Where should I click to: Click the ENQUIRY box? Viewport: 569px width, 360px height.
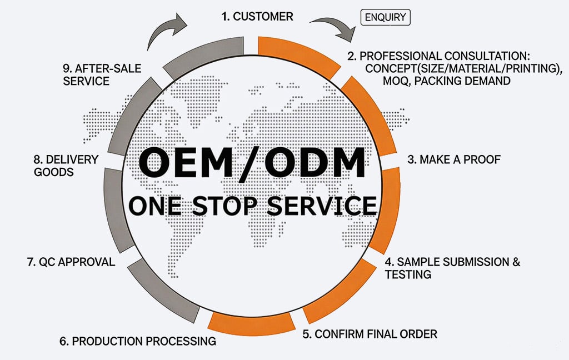(386, 17)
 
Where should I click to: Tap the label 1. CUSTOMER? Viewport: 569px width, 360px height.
(257, 16)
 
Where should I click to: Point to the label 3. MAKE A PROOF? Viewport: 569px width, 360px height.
(454, 159)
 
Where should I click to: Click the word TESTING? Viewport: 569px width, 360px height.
(408, 274)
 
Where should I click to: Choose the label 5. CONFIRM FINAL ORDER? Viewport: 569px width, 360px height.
(370, 334)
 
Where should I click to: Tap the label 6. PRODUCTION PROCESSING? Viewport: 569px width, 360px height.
(138, 341)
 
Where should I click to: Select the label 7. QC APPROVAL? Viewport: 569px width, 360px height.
(71, 262)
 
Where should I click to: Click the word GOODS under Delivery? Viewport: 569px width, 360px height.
(54, 172)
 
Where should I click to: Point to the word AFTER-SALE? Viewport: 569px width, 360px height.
(108, 68)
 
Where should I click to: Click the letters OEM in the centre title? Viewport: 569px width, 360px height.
(188, 162)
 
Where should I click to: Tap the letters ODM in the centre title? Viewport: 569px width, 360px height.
(315, 162)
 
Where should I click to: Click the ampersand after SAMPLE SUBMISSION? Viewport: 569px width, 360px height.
(516, 262)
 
